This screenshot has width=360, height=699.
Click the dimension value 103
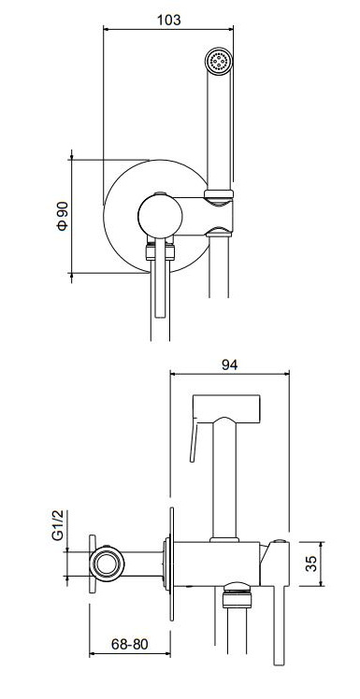coord(169,20)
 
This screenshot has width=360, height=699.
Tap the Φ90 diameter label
coord(62,216)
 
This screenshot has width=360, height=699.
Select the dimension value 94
coord(230,364)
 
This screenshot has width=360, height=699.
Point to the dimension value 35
coord(312,563)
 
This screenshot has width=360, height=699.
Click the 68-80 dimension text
coord(129,644)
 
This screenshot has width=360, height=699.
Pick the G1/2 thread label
coord(59,526)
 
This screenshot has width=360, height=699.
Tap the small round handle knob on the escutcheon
coord(160,216)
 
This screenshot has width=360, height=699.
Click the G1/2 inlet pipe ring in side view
coord(106,563)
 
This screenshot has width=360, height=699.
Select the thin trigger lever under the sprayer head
coord(194,440)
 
